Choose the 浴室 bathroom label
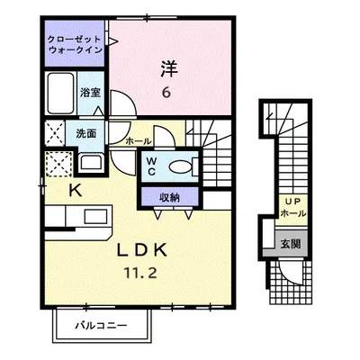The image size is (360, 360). coord(89,93)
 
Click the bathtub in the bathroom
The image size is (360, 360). coord(61,94)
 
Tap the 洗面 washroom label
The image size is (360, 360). coord(85,134)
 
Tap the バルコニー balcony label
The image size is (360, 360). coord(101,324)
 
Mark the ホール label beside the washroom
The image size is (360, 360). coord(136,141)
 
